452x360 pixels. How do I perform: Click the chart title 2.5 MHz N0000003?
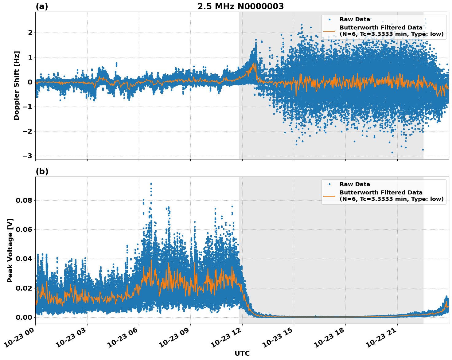point(240,6)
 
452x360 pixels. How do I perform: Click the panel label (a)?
point(42,6)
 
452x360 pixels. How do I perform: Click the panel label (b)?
point(42,171)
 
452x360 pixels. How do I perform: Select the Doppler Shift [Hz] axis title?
point(17,85)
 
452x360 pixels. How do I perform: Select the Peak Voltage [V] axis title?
point(10,250)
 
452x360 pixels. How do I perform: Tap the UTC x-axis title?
point(242,353)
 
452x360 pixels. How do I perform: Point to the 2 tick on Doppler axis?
point(30,33)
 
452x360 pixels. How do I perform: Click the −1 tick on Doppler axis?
point(27,107)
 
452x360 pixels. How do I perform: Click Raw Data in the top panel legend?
point(355,19)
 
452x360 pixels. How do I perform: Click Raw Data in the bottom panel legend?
point(355,184)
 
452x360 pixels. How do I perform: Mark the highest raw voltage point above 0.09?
point(151,184)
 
